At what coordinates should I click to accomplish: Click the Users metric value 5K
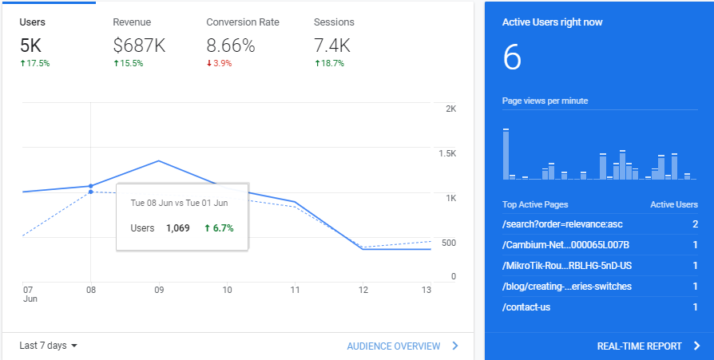coord(30,45)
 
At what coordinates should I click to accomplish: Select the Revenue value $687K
coord(139,45)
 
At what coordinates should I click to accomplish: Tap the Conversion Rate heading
coord(243,22)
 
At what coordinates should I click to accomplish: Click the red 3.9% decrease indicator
coord(219,64)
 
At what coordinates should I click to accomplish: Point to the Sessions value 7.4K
coord(332,45)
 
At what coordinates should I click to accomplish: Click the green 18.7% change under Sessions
coord(329,64)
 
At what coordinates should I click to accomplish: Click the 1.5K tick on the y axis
coord(447,153)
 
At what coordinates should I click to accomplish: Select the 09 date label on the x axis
coord(158,290)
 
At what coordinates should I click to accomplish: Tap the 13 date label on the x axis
coord(426,290)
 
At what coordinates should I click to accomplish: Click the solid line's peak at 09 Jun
coord(158,160)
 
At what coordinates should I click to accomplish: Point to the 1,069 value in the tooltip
coord(177,228)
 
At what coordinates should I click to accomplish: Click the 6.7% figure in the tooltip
coord(219,228)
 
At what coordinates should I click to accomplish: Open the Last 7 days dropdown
coord(48,346)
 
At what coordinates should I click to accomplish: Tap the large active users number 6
coord(512,58)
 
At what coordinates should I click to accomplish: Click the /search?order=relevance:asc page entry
coord(562,224)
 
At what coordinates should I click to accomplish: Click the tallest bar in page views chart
coord(506,154)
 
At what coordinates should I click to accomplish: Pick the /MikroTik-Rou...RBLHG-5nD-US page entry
coord(567,266)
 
